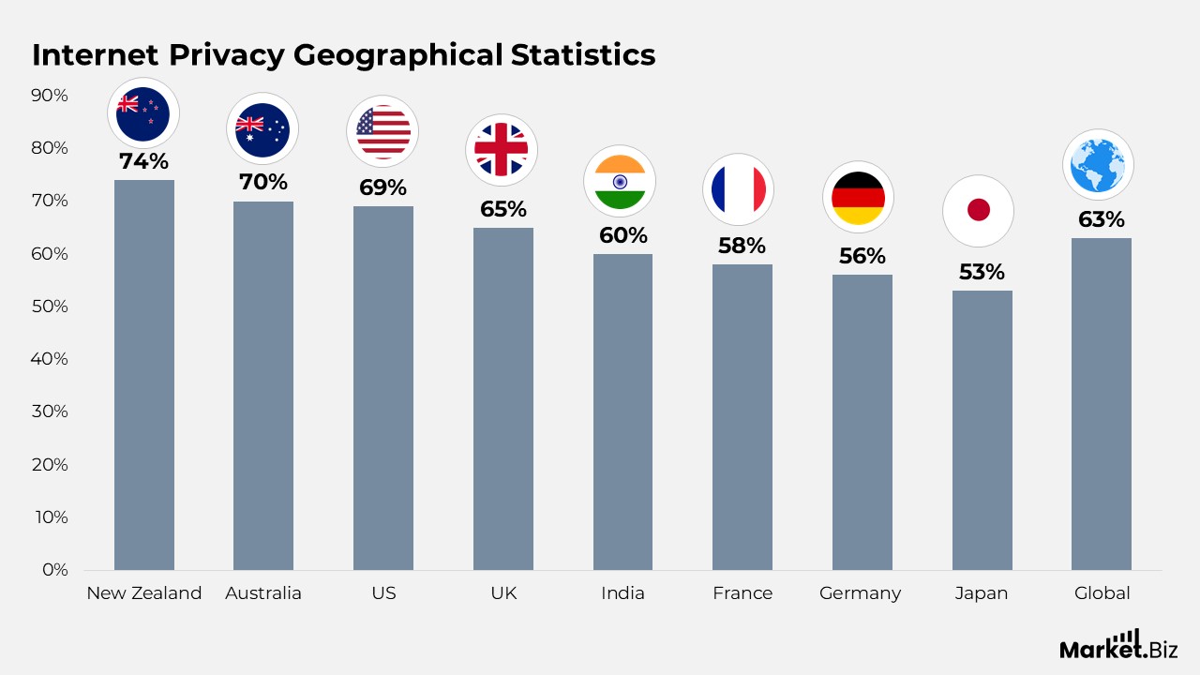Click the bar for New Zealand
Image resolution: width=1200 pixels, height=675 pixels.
(143, 375)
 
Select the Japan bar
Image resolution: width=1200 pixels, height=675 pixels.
(982, 430)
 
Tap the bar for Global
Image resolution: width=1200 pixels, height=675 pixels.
(1101, 404)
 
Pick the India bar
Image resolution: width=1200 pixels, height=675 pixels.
(622, 412)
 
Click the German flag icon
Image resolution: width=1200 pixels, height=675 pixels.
(858, 198)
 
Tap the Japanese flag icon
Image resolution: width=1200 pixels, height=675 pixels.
(978, 210)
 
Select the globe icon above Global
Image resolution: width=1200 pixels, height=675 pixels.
(1098, 165)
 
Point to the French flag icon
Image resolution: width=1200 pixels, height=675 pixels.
(738, 189)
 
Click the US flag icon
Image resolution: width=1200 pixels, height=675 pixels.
(382, 131)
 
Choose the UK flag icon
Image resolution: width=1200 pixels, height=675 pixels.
(502, 150)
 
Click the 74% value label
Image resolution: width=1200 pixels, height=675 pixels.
(142, 161)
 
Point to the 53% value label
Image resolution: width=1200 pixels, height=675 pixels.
(982, 272)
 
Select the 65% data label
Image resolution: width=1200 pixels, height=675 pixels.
(503, 209)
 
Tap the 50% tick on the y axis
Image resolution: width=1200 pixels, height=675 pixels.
(50, 307)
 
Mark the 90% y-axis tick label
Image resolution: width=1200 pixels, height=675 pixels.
(50, 96)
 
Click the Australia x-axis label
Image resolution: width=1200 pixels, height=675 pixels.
(263, 593)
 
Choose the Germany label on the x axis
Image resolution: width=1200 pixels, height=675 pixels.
(860, 593)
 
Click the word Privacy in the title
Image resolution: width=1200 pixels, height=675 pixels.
(226, 55)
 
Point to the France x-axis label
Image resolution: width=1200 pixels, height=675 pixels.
(742, 593)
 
